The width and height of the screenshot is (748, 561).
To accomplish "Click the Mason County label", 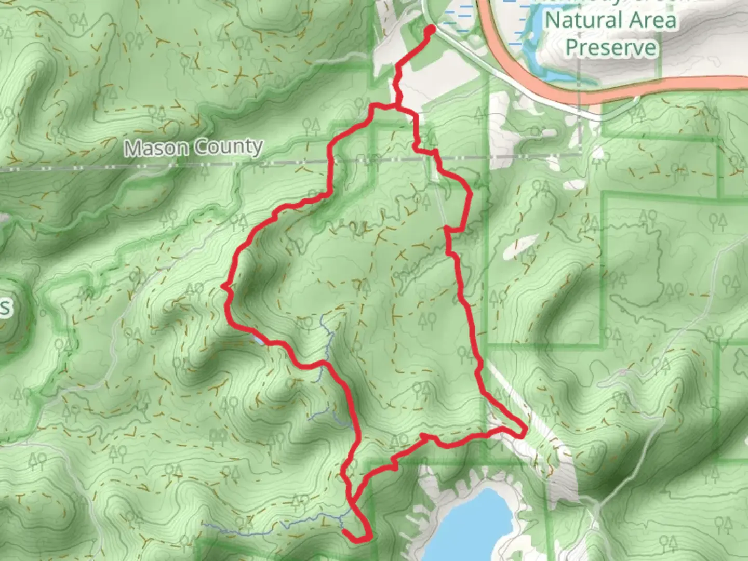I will [x=193, y=148].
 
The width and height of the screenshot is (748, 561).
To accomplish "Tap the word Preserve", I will [x=611, y=48].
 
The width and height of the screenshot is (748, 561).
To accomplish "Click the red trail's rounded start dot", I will [x=430, y=30].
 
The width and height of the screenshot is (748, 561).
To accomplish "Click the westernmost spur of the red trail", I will [x=223, y=286].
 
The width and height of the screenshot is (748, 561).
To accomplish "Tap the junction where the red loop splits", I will [x=397, y=108].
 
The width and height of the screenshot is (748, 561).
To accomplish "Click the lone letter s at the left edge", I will [x=4, y=308].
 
